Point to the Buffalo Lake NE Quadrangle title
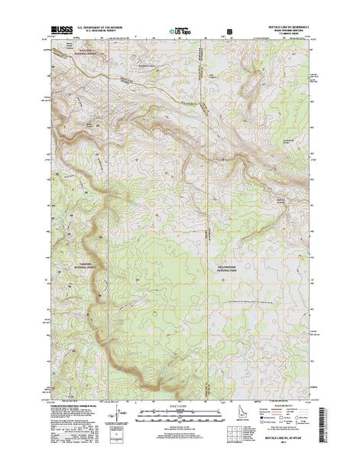tap(282, 28)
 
